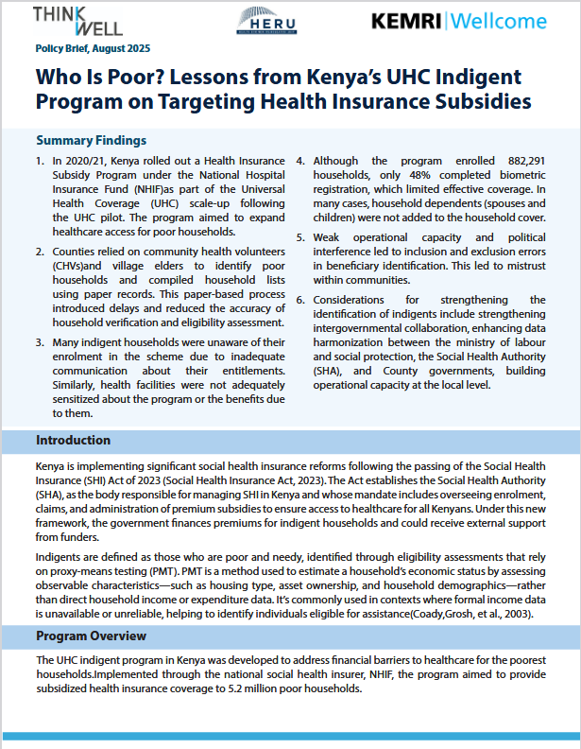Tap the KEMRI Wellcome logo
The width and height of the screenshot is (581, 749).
pyautogui.click(x=458, y=21)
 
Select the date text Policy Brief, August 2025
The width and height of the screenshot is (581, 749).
pyautogui.click(x=93, y=47)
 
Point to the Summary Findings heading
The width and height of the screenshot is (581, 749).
pyautogui.click(x=91, y=140)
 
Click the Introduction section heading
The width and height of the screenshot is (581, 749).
pyautogui.click(x=75, y=441)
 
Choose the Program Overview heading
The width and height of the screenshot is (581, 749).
pyautogui.click(x=91, y=636)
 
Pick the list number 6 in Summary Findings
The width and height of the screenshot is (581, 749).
pyautogui.click(x=301, y=300)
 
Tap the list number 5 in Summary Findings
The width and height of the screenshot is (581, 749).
pyautogui.click(x=301, y=237)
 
